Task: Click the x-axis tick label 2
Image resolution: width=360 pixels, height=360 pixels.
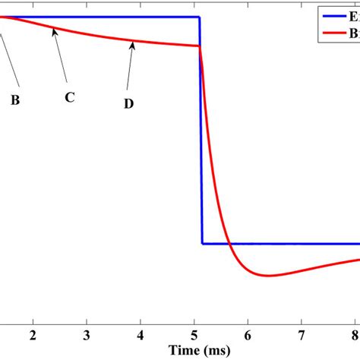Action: pyautogui.click(x=33, y=336)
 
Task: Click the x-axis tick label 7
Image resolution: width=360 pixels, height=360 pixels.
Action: pyautogui.click(x=302, y=336)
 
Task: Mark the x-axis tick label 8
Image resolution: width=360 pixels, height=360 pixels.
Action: pyautogui.click(x=355, y=336)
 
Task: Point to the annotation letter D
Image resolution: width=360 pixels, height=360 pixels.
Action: pyautogui.click(x=128, y=103)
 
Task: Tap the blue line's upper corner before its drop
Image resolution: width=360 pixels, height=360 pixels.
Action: pyautogui.click(x=199, y=17)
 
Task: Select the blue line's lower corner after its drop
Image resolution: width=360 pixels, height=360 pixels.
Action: pyautogui.click(x=202, y=244)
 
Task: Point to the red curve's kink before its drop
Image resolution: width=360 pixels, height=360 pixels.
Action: pyautogui.click(x=199, y=46)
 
